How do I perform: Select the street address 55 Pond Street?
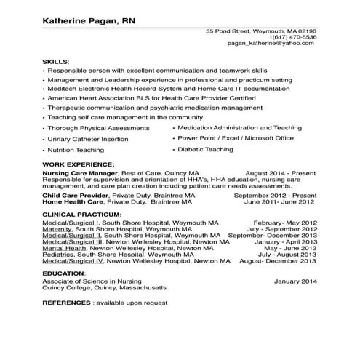pyautogui.click(x=228, y=31)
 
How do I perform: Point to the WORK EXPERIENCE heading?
pyautogui.click(x=78, y=165)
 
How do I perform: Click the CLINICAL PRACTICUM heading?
pyautogui.click(x=81, y=215)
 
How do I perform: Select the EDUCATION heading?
pyautogui.click(x=63, y=273)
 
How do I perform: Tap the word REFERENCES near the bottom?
pyautogui.click(x=66, y=302)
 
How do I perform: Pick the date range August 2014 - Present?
pyautogui.click(x=281, y=175)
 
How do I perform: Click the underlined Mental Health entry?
pyautogui.click(x=63, y=248)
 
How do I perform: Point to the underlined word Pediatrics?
pyautogui.click(x=58, y=254)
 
